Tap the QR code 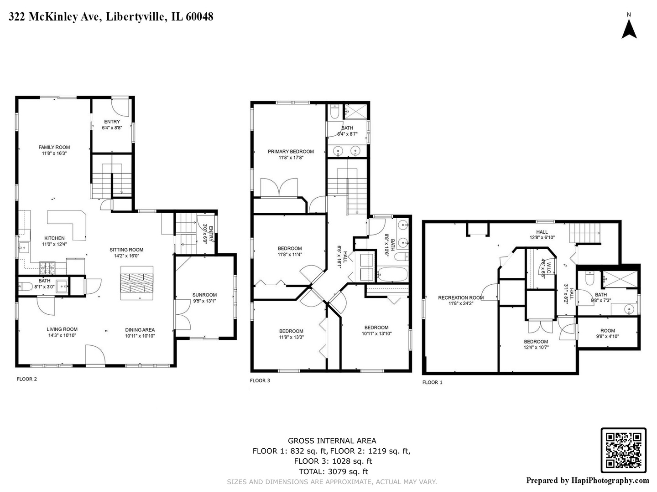pos(624,450)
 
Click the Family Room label pos(54,147)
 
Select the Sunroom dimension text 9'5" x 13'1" pos(204,301)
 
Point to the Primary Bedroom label pos(291,152)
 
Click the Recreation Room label pos(461,298)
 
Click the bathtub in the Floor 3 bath pos(392,274)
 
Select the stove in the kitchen pos(47,268)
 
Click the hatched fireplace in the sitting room pos(137,282)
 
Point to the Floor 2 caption pos(26,379)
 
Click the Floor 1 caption pos(432,382)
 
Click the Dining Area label pos(140,330)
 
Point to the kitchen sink pos(24,248)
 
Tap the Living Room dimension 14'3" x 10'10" pos(62,335)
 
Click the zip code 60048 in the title pos(199,17)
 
